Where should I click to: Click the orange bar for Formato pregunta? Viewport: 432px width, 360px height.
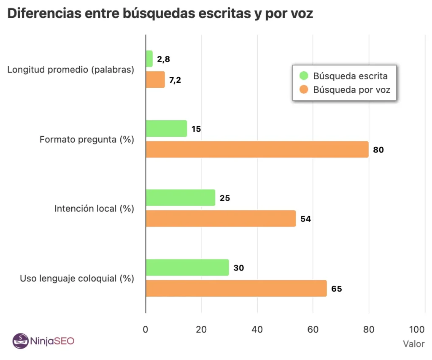tap(257, 149)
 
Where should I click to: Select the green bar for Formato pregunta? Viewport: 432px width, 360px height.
tap(166, 129)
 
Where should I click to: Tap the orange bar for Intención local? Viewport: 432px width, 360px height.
tap(221, 219)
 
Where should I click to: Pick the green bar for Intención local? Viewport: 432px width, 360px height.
tap(180, 198)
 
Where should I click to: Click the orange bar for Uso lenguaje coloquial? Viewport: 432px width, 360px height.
tap(236, 288)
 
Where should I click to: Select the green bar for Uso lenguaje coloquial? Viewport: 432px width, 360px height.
tap(187, 268)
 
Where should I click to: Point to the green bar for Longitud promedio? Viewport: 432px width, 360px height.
tap(149, 59)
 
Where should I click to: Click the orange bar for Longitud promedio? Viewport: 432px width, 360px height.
tap(155, 80)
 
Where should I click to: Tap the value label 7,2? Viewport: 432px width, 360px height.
tap(175, 80)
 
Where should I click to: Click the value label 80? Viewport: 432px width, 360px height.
tap(378, 150)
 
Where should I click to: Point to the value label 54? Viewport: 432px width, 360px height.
tap(306, 219)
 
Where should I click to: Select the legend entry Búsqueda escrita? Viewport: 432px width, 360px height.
tap(350, 76)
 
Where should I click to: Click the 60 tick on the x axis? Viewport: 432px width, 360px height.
tap(313, 329)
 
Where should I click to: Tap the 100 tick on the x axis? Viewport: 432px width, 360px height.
tap(417, 329)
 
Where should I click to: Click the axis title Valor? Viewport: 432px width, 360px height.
tap(413, 344)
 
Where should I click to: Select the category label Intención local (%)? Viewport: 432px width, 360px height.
tap(94, 208)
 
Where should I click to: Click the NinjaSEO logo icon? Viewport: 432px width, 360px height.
tap(19, 341)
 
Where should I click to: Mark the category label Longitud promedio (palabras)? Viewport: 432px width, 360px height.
tap(70, 70)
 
